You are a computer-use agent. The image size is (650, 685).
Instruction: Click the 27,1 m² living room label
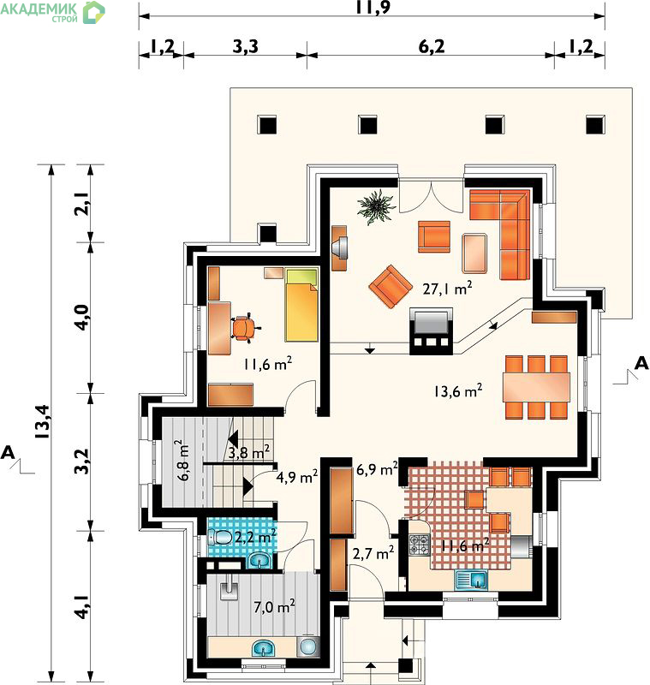point(447,289)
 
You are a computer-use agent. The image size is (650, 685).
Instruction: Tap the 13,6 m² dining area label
point(458,390)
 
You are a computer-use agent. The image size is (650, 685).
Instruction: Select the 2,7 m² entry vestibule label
point(373,553)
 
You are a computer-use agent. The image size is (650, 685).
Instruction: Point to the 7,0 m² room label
point(274,606)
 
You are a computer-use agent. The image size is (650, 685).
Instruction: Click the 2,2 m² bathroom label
point(255,536)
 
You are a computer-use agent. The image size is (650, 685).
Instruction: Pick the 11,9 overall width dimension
point(373,7)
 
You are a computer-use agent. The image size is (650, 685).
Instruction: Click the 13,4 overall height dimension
point(44,422)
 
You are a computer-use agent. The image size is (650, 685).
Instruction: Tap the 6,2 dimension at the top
point(432,46)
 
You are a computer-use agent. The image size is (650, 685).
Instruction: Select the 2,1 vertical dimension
point(83,204)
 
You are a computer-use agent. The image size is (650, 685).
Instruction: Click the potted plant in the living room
point(376,207)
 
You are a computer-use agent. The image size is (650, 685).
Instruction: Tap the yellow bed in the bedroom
point(301,305)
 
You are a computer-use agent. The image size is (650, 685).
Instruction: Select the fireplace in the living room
point(431,331)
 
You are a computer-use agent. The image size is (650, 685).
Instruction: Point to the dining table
point(536,387)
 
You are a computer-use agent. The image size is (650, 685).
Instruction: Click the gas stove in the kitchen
point(420,545)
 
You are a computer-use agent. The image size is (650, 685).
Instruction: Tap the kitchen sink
point(471,581)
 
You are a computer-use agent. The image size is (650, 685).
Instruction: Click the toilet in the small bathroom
point(220,538)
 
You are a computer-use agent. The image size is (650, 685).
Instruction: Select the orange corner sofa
point(508,227)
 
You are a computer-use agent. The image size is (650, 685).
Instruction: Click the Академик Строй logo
point(52,12)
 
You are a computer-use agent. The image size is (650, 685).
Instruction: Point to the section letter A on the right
point(641,363)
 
